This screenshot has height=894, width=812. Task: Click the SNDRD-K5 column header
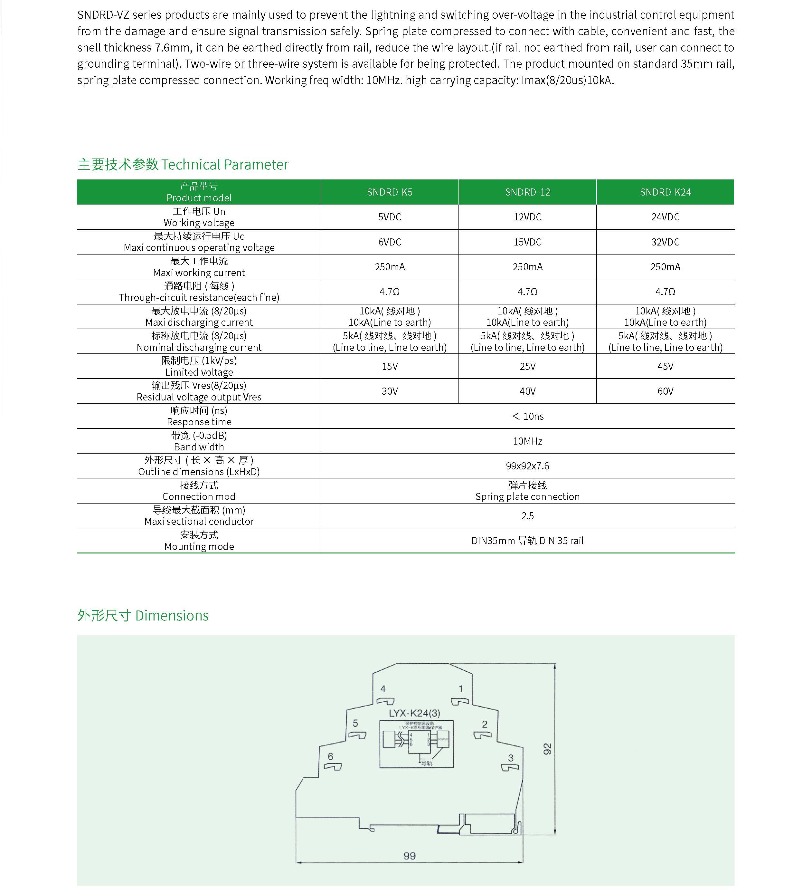point(389,192)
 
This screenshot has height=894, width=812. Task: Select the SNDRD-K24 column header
point(665,192)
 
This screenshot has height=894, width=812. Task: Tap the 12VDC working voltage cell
point(527,217)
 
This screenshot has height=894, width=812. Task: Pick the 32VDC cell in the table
point(665,242)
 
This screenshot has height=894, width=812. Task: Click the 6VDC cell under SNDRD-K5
point(389,242)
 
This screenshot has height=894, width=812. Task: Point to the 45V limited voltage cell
point(665,366)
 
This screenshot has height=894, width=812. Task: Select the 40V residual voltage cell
point(527,391)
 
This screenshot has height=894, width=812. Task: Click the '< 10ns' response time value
point(527,416)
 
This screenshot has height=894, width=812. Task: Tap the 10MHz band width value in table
point(527,441)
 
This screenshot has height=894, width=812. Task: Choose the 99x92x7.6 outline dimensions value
point(527,466)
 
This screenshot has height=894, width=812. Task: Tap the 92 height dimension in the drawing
point(547,749)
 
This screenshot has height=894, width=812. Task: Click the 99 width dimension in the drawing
point(409,855)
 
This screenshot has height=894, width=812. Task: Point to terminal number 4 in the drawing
point(383,689)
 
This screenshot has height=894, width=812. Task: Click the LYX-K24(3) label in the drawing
point(414,713)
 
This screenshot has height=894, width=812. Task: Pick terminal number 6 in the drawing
point(330,756)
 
